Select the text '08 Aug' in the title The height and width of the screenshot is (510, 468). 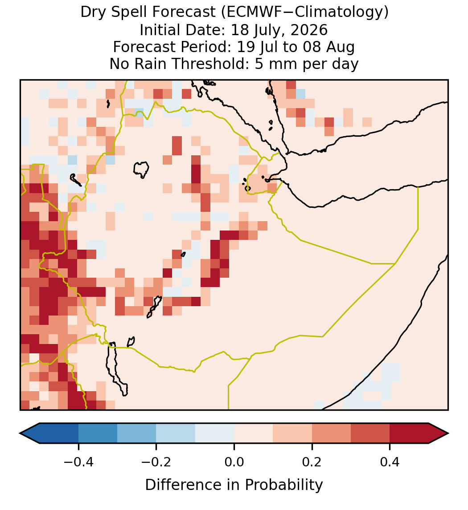click(328, 47)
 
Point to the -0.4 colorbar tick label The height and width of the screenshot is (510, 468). click(78, 461)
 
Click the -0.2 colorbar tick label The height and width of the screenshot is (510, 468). click(156, 461)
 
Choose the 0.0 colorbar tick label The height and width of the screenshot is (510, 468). click(234, 461)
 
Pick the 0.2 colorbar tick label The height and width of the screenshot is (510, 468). click(312, 461)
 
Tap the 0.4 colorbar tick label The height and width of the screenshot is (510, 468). click(390, 461)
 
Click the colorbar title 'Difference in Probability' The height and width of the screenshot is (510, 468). click(234, 485)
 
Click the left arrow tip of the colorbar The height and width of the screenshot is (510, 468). click(20, 433)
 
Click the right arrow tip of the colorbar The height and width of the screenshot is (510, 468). click(448, 433)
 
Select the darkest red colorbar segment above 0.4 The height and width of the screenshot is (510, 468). click(409, 433)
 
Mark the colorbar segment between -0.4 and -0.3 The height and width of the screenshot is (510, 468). click(98, 433)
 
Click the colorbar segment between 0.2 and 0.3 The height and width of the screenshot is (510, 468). click(332, 433)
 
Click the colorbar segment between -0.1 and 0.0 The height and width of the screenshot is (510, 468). click(215, 433)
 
